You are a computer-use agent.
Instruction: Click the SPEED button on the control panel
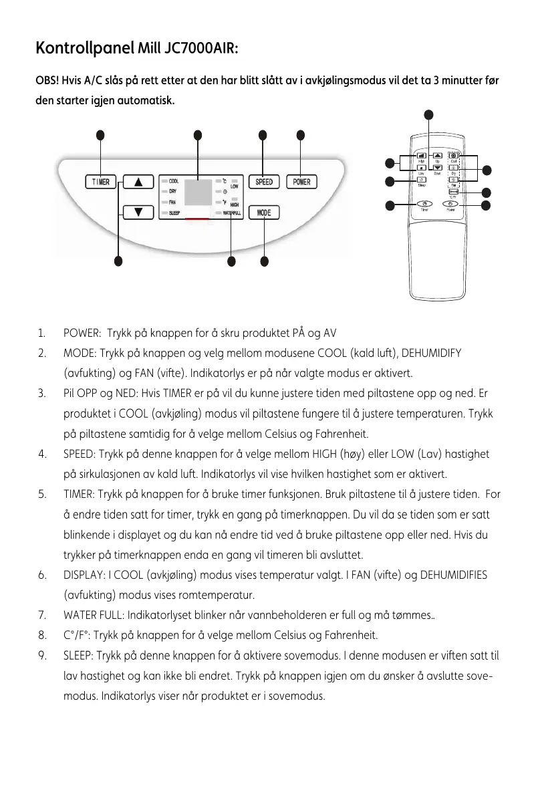(x=264, y=182)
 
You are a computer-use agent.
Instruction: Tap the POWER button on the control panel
(x=301, y=182)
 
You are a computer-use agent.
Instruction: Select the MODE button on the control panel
(x=264, y=213)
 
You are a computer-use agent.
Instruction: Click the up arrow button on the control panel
(x=138, y=182)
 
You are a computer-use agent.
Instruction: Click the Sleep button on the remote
(x=422, y=179)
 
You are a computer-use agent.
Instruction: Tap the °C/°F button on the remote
(x=452, y=192)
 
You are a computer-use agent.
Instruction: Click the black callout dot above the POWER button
(x=301, y=134)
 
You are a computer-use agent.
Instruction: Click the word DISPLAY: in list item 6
(x=83, y=575)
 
